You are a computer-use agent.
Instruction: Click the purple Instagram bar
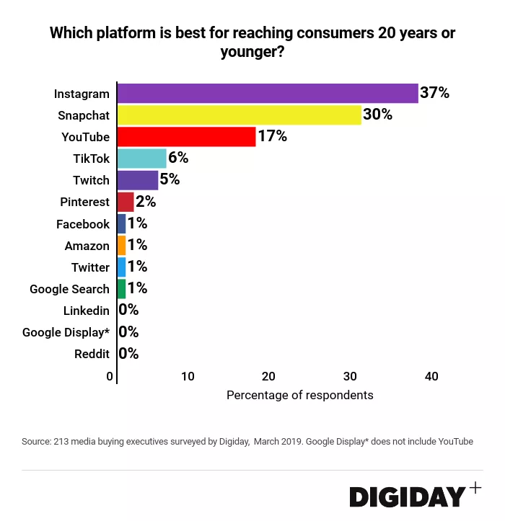267,94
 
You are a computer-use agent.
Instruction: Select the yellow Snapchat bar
239,115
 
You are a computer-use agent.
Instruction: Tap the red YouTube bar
186,137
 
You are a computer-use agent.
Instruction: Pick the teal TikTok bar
141,159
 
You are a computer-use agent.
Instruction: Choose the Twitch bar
137,180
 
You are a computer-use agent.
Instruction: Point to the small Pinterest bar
126,202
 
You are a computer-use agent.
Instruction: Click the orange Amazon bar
121,246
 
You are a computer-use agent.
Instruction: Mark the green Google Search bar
121,289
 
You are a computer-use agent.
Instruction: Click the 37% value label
435,93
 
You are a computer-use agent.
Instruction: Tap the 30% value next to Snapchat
377,115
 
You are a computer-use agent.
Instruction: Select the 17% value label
273,136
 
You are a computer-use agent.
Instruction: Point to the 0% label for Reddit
128,354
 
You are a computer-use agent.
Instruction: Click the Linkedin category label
86,311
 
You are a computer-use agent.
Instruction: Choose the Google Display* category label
66,332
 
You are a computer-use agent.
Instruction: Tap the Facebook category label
83,224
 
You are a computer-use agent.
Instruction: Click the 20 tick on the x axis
268,376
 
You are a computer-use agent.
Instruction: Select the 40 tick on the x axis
431,376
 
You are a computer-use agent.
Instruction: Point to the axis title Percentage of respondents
300,395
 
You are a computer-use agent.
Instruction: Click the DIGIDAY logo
408,496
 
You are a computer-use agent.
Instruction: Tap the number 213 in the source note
63,441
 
